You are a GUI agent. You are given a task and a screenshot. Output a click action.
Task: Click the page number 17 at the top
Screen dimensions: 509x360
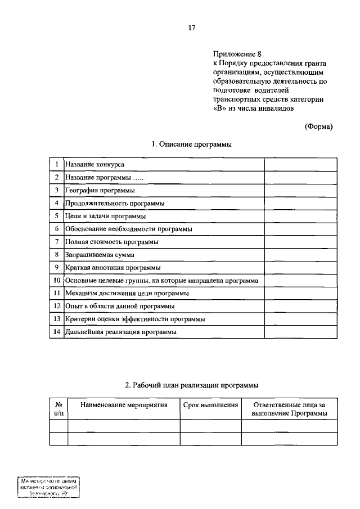click(192, 26)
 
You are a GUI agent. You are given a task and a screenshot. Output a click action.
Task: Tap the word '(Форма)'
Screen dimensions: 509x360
click(318, 127)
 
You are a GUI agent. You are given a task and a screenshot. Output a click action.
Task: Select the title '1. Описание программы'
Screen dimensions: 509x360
click(192, 145)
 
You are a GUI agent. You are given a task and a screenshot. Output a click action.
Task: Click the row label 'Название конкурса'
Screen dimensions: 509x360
click(94, 164)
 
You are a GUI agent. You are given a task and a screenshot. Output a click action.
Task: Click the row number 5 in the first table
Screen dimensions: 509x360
click(57, 216)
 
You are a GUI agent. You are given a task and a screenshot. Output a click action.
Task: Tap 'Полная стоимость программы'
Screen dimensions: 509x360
click(111, 242)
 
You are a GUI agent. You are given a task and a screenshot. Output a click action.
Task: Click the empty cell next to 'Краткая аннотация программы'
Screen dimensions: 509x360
click(300, 268)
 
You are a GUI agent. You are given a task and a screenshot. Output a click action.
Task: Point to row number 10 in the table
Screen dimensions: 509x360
click(57, 281)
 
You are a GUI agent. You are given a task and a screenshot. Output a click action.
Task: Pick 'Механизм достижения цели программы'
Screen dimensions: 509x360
click(127, 294)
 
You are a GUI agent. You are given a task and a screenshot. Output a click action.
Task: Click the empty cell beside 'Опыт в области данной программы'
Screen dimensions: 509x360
click(300, 307)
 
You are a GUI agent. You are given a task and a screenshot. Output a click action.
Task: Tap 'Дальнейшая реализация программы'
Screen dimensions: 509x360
click(121, 332)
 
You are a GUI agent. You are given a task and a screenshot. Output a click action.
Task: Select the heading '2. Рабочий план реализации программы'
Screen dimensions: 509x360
click(191, 385)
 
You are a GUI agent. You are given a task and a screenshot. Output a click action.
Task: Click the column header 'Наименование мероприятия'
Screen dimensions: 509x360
click(124, 405)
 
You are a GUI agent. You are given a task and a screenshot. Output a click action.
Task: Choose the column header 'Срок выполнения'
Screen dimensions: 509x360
click(210, 405)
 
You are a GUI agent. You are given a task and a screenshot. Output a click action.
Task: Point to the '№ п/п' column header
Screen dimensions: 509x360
click(58, 409)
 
